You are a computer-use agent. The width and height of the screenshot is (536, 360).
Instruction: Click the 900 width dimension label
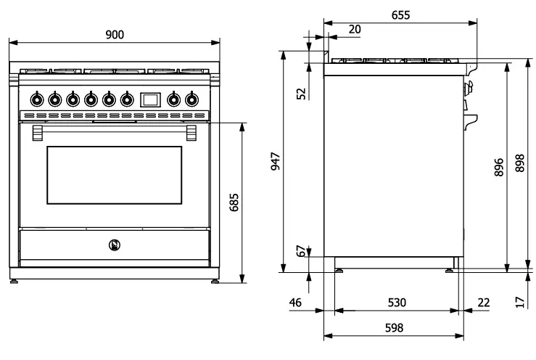coord(114,35)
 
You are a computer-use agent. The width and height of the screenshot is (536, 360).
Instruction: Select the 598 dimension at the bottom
coord(392,328)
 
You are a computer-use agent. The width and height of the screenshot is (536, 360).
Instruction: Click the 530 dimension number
coord(396,302)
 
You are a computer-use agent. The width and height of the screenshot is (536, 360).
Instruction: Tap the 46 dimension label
coord(295,302)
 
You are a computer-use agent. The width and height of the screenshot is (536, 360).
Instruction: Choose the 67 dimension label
coord(300,251)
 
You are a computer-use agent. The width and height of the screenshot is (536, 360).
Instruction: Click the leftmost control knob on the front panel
coord(36,99)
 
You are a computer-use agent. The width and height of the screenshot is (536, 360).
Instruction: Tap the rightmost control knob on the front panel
coord(191,99)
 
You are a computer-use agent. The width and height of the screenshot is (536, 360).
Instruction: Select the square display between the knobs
coord(150,99)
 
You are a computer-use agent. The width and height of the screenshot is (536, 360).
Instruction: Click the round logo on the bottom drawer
coord(113,245)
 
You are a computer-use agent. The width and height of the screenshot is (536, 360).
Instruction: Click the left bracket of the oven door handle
coord(37,132)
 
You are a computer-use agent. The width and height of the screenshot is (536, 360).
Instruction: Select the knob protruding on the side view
coord(468,89)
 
